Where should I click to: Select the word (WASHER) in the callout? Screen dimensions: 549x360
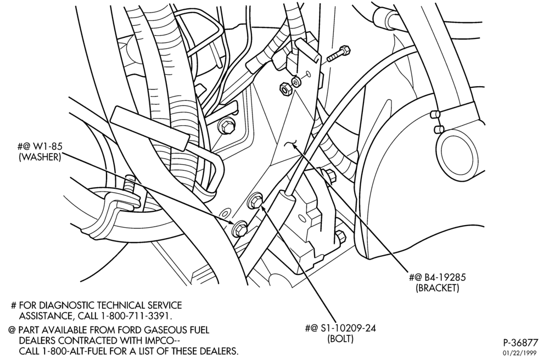point(40,157)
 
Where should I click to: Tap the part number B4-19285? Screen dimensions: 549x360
point(445,278)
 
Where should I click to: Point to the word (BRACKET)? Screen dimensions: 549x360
point(438,288)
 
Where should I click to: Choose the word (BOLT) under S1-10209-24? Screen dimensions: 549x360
point(340,339)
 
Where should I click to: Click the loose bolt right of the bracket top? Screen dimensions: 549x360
point(339,54)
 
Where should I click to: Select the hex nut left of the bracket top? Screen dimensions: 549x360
point(284,88)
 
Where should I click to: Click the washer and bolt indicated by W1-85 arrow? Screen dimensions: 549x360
point(239,228)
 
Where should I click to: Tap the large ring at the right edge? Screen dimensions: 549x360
point(457,153)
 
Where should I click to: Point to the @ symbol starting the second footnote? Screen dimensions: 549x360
point(13,330)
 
